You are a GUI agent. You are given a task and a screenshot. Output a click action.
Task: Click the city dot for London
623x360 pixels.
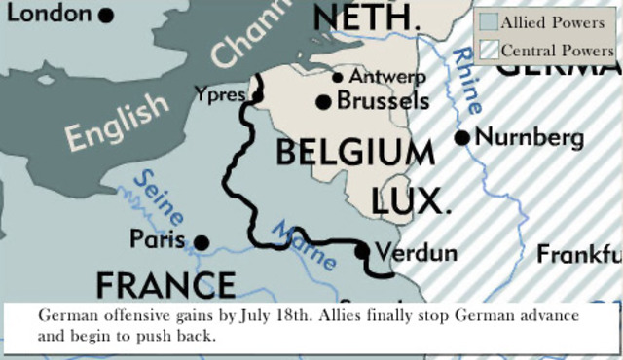[106, 16]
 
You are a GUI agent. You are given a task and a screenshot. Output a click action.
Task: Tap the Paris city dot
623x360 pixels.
[202, 242]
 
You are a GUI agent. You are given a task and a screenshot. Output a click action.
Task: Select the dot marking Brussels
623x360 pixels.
[324, 101]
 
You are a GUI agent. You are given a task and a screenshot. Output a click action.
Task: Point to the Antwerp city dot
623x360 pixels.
[338, 77]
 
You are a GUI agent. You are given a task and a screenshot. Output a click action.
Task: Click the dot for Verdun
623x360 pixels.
[362, 252]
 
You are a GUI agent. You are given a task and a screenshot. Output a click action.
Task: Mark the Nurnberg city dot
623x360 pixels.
[462, 137]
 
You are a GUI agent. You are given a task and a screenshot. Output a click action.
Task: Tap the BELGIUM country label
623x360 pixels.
[354, 153]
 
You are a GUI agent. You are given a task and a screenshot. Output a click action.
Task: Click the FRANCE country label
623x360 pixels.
[165, 285]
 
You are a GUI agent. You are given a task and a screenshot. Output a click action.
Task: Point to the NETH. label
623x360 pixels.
[368, 17]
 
